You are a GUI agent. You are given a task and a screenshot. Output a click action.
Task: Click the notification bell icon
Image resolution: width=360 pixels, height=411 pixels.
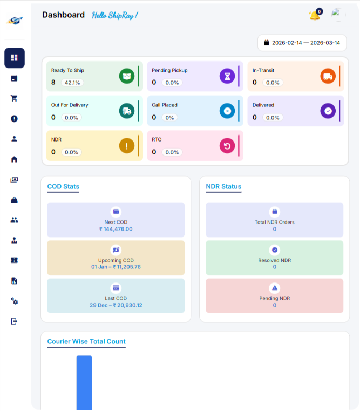(x=314, y=16)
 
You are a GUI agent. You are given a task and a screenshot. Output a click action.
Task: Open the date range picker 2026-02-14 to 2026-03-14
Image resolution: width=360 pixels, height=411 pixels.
(x=302, y=43)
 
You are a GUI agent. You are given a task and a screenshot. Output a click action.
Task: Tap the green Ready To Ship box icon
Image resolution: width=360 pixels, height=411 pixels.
(x=126, y=76)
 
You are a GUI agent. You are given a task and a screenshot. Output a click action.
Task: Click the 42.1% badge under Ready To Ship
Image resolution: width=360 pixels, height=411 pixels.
(x=71, y=83)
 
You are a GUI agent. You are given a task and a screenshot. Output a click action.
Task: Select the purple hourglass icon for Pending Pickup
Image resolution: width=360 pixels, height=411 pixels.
(x=227, y=76)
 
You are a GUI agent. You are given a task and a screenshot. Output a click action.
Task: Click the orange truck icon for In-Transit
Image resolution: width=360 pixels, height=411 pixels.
(x=327, y=76)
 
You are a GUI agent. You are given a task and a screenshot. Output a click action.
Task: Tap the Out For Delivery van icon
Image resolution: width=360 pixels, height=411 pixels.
(x=126, y=111)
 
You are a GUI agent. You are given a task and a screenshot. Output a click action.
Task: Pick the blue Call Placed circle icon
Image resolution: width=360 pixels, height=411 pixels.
(x=227, y=111)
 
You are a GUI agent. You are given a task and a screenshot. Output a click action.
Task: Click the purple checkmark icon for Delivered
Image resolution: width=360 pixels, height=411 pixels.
(x=327, y=111)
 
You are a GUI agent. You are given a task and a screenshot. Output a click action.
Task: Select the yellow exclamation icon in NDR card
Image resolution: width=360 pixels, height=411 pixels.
(x=126, y=145)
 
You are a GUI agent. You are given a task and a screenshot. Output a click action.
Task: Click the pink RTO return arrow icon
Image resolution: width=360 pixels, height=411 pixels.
(x=227, y=145)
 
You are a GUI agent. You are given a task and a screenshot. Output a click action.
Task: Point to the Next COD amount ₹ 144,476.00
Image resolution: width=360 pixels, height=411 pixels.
(x=116, y=229)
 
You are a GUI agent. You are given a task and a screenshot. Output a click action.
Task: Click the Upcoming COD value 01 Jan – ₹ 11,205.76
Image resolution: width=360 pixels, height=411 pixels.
(x=116, y=267)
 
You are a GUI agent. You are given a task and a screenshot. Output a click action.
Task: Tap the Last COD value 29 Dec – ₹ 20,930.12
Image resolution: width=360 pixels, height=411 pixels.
(x=116, y=305)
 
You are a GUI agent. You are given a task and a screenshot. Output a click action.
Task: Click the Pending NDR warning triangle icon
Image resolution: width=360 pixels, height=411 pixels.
(x=274, y=288)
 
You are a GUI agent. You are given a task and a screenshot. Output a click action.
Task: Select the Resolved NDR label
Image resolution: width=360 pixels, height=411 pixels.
(x=274, y=260)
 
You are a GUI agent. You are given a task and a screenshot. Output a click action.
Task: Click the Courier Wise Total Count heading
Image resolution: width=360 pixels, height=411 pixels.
(x=86, y=341)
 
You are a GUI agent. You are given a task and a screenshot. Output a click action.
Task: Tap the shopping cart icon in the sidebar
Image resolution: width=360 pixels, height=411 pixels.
(x=15, y=98)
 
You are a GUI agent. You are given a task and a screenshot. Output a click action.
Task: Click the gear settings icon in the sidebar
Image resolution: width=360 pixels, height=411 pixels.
(x=15, y=301)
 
